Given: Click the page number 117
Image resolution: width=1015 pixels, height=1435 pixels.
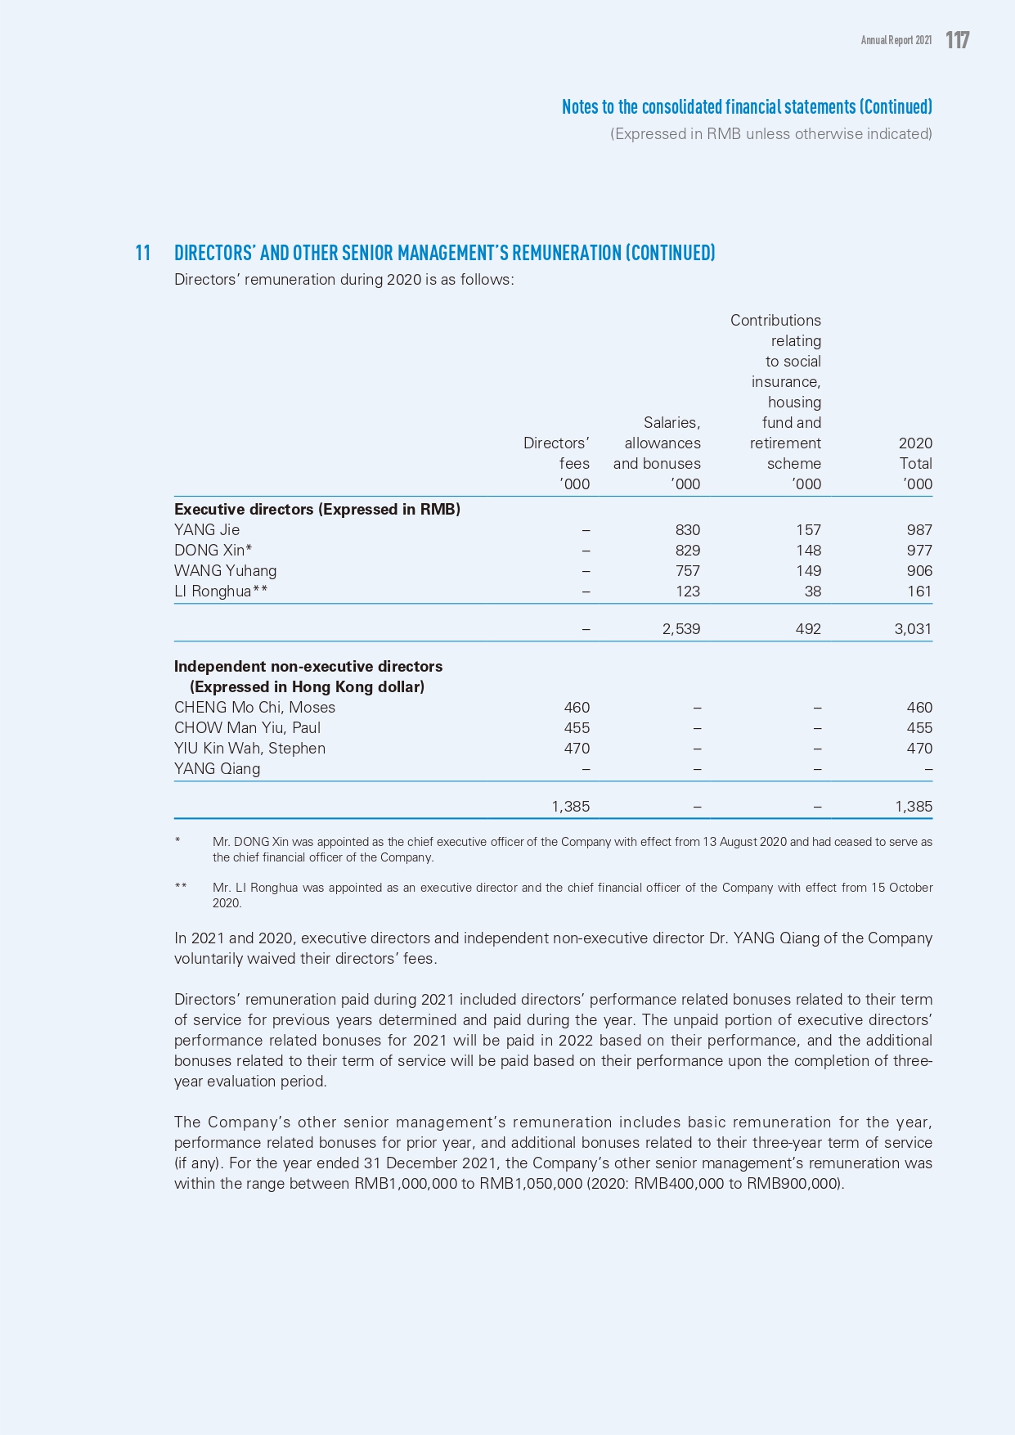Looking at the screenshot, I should point(957,40).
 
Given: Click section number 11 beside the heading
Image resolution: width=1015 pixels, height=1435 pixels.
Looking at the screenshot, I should point(143,253).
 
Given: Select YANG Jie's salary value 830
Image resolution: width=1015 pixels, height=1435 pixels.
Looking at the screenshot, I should point(687,530).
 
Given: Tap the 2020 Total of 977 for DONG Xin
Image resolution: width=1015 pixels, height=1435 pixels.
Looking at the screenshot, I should point(919,551).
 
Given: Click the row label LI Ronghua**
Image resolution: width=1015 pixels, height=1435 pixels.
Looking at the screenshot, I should point(221,592).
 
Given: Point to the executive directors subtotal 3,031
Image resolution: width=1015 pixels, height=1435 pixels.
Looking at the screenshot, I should point(913,629).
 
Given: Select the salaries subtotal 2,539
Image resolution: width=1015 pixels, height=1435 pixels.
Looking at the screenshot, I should point(680,629).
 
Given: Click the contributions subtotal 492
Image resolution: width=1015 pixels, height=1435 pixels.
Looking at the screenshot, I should point(808,629).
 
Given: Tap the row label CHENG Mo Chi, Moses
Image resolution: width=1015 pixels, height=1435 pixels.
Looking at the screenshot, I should point(254,708).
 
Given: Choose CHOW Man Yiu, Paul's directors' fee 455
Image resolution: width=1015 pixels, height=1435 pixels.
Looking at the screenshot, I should point(577,728).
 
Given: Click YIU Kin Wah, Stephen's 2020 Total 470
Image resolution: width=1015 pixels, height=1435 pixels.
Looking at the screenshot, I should point(919,749).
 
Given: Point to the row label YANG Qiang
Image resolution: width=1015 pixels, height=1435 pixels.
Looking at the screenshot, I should point(217,769).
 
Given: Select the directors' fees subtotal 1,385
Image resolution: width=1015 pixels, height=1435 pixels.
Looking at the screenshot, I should point(570,807).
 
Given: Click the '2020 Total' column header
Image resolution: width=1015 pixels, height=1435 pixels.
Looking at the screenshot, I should point(915,453).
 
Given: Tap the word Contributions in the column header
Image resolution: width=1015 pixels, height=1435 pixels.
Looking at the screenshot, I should point(775,321).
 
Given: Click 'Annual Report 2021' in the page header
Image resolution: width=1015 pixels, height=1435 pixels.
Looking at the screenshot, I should point(896,40).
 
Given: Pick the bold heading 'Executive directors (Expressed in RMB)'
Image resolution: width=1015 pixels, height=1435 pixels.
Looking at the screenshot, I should point(317,510).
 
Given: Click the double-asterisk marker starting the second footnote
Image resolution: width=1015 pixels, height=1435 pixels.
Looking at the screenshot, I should point(181,888).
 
